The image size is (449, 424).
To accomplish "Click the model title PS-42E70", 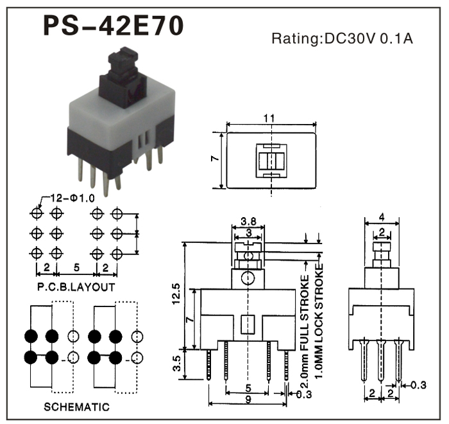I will click(114, 25).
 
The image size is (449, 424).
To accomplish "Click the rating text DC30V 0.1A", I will click(341, 38).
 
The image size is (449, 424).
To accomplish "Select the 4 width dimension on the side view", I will click(382, 217).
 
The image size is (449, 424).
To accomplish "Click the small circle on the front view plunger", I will click(248, 278).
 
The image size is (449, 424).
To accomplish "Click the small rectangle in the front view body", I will click(248, 325).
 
